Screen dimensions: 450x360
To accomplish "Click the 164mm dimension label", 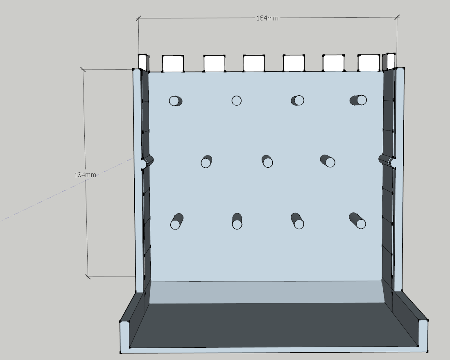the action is coord(267,18).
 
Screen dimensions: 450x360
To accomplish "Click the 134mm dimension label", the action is coord(85,175).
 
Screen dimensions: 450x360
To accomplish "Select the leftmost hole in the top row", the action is coord(175,101).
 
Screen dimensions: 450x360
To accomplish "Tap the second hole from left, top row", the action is coord(237,101).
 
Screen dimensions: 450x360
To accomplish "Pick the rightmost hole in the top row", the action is coord(358,100).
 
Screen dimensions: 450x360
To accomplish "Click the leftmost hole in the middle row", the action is coord(206,162).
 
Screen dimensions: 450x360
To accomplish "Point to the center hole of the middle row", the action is coord(267,161).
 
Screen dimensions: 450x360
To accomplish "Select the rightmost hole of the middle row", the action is coord(328,161).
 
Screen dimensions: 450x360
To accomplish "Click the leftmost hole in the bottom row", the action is coord(177,221).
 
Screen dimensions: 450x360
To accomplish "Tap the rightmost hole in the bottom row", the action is coord(357,220).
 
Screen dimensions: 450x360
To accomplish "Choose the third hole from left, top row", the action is coord(298,100).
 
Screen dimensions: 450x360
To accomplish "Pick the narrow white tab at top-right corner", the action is coord(389,61).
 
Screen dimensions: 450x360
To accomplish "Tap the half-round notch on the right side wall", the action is coord(387,161).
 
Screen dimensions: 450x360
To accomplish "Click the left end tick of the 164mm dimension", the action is coord(138,19).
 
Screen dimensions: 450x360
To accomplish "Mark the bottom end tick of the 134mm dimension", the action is coord(88,277).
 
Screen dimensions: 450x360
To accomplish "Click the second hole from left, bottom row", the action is coord(237,221).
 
